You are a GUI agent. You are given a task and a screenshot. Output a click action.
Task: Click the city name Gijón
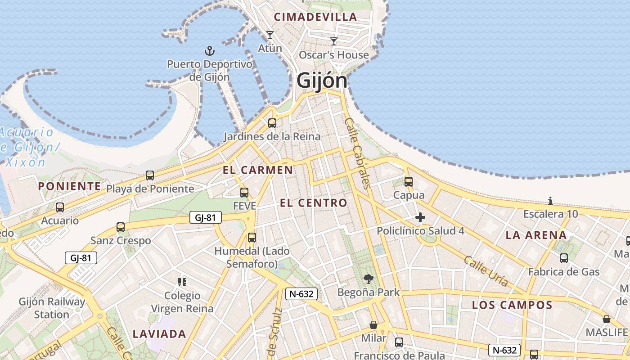click(x=322, y=81)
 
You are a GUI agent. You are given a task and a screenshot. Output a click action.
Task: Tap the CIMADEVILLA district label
click(x=315, y=17)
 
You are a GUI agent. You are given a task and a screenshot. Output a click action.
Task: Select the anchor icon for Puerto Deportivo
click(x=210, y=51)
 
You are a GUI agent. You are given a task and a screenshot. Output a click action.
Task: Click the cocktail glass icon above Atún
click(x=270, y=35)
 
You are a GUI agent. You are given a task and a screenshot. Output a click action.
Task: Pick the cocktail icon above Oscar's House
click(x=334, y=41)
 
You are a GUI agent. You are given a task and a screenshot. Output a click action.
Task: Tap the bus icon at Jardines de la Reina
click(x=272, y=123)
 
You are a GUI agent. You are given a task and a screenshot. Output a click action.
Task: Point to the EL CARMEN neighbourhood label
click(x=258, y=170)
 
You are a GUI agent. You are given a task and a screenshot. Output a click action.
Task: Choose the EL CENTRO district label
click(x=314, y=203)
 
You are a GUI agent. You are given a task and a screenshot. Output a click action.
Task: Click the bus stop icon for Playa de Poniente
click(x=150, y=175)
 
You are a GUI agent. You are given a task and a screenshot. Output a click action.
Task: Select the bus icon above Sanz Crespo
click(x=121, y=227)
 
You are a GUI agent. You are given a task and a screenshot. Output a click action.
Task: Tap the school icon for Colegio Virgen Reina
click(x=182, y=282)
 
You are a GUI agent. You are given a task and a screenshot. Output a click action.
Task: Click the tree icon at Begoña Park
click(x=369, y=279)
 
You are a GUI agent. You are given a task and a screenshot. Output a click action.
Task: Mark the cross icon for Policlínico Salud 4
click(x=420, y=218)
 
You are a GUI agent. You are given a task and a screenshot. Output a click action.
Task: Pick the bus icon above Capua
click(x=409, y=182)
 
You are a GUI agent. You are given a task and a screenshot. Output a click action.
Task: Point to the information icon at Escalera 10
click(x=550, y=201)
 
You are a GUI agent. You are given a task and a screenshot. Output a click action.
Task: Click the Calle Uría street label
click(x=486, y=271)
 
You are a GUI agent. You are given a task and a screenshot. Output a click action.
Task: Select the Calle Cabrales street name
click(x=357, y=153)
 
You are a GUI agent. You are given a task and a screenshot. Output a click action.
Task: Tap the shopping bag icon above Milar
click(x=373, y=324)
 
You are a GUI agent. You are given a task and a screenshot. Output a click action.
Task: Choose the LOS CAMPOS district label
click(x=512, y=305)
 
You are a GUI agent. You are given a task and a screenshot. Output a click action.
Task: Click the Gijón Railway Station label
click(x=52, y=308)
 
